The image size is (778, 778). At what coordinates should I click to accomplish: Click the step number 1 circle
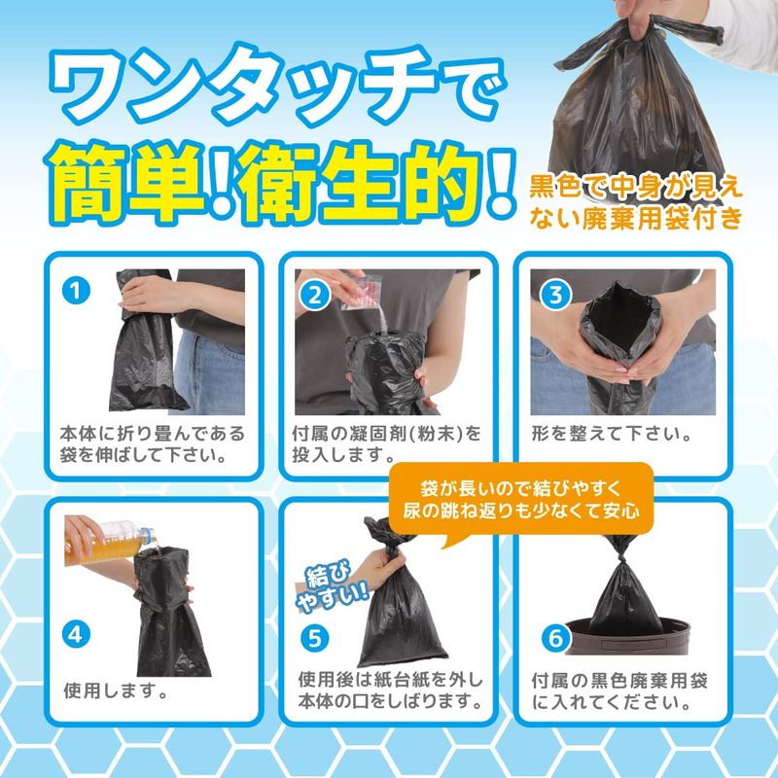(x=76, y=290)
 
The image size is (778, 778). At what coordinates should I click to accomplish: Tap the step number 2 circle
(x=314, y=297)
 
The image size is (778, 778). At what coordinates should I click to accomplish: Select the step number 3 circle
(x=555, y=296)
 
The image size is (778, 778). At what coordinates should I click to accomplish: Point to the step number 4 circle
(x=76, y=635)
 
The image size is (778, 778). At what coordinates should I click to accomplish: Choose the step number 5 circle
(x=314, y=639)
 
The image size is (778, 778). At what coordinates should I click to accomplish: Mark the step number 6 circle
(x=555, y=639)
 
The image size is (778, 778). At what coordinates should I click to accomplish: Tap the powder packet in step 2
(x=360, y=292)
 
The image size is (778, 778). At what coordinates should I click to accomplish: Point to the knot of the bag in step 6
(x=620, y=560)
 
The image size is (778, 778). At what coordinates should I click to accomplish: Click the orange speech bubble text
(x=521, y=500)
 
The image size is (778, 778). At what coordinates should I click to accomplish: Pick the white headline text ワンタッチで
(x=278, y=85)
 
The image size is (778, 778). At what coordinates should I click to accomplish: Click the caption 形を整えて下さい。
(x=612, y=434)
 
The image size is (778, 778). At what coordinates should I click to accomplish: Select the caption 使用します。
(x=116, y=690)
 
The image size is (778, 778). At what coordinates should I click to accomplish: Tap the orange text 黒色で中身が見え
(x=636, y=188)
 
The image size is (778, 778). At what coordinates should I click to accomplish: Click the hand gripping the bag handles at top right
(x=634, y=18)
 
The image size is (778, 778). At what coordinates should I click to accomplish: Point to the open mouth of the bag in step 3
(x=620, y=318)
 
